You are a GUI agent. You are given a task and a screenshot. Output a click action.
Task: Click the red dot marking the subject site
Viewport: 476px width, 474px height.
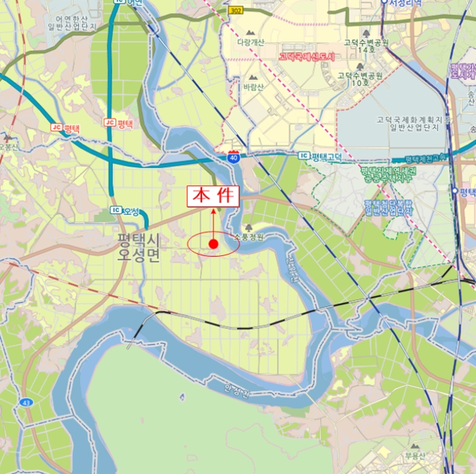pos(214,244)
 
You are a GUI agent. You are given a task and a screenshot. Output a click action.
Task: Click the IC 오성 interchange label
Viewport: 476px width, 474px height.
pos(125,212)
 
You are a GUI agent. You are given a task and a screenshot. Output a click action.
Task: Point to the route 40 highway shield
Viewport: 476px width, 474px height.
pos(234,156)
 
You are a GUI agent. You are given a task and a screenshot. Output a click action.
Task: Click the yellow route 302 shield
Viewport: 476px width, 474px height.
pos(236,11)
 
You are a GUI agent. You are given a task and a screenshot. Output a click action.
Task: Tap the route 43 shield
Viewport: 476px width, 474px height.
pos(26,403)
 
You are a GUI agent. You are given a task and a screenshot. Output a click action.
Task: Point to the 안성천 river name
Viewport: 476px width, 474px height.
pos(237,392)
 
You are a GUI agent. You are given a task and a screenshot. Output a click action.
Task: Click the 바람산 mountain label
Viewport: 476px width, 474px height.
pos(253,87)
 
